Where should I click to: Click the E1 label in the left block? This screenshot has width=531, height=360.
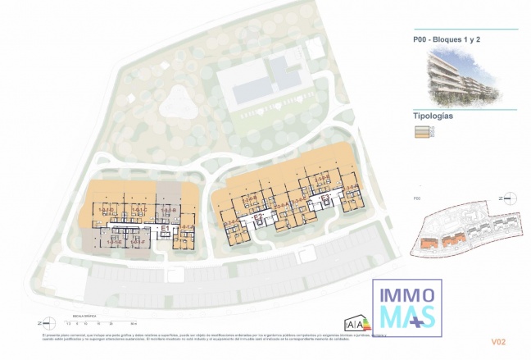click(x=164, y=228)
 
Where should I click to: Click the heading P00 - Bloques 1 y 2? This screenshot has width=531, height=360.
click(x=446, y=39)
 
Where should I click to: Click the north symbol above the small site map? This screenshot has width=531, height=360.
click(x=508, y=198)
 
